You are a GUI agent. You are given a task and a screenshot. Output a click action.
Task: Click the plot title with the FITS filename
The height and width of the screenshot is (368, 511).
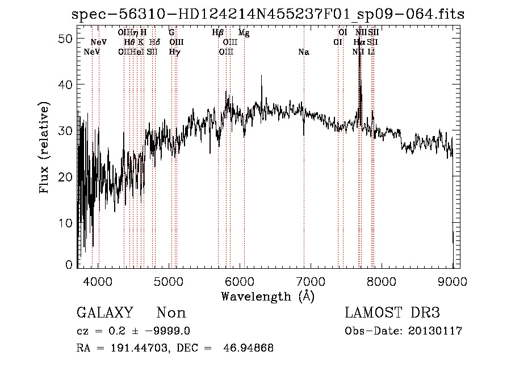(268, 14)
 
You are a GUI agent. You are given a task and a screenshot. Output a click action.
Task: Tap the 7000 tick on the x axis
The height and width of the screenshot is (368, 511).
(311, 282)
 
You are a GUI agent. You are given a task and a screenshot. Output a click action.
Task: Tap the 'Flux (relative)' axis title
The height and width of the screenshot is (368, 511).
(44, 147)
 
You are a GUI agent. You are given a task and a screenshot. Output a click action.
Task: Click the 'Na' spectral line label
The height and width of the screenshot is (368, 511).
(304, 52)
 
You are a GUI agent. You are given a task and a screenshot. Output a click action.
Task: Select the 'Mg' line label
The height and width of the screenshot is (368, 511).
(244, 33)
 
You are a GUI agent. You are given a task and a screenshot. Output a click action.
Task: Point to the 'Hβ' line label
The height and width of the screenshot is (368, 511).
(217, 33)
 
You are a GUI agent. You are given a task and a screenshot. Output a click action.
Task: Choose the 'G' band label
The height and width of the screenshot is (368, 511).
(171, 33)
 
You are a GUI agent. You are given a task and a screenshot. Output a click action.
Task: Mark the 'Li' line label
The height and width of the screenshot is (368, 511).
(371, 52)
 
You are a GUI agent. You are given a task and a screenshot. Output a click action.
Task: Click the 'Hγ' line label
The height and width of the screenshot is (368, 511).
(174, 52)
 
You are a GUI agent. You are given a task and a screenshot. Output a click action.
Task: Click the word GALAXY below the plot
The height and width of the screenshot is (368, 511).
(104, 313)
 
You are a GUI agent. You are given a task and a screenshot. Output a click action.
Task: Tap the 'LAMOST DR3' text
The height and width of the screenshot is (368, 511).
(392, 313)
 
